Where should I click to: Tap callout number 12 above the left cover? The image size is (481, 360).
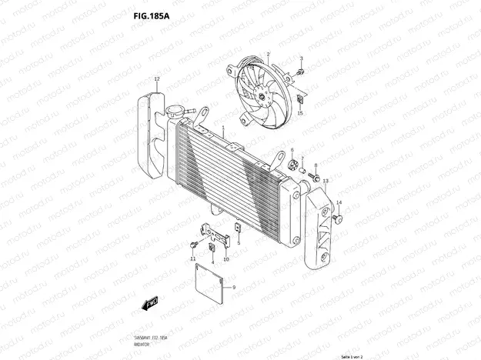point(156,78)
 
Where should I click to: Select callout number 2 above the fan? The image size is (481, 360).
point(268,54)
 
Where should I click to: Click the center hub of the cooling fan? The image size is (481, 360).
point(263,95)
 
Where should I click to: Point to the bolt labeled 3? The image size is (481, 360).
point(301,72)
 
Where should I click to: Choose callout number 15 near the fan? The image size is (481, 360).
point(301,113)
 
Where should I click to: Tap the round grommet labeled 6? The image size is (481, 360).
point(292,165)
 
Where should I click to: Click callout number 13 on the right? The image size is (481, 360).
point(326,181)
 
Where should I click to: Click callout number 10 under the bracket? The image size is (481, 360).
point(225,259)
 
